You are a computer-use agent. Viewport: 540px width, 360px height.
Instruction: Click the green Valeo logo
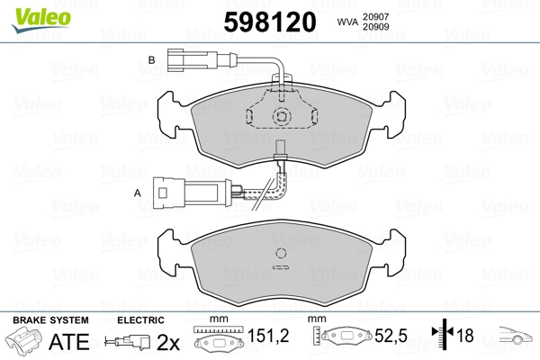click(41, 20)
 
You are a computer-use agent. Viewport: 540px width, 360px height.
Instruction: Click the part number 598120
click(270, 22)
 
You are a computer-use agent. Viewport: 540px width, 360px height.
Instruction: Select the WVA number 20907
click(375, 16)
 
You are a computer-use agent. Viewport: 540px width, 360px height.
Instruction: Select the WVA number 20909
click(375, 26)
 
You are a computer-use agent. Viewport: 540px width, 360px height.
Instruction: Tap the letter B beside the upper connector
click(151, 60)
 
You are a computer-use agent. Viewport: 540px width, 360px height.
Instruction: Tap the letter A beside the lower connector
click(138, 193)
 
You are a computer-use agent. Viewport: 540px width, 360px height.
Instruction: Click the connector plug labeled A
click(193, 193)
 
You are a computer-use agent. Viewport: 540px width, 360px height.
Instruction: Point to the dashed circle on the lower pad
click(281, 253)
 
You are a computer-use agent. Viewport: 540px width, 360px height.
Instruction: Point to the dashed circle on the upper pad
click(282, 117)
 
